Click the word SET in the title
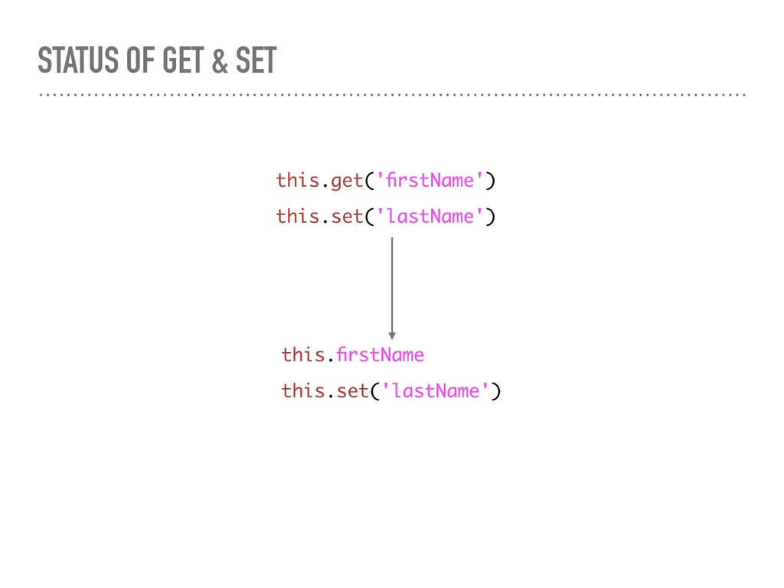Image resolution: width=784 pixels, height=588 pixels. point(255,61)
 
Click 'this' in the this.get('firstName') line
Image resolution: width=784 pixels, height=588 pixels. point(297,181)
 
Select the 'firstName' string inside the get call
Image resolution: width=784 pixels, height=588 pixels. point(430,181)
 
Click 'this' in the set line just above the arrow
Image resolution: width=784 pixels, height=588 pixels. point(297,217)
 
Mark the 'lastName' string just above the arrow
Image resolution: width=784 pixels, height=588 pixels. point(430,217)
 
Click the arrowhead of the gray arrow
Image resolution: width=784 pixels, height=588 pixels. point(392,335)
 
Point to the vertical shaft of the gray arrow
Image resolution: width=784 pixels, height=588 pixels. point(392,283)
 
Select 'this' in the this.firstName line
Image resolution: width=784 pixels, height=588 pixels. point(302,355)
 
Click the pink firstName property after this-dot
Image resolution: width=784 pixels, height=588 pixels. point(381,355)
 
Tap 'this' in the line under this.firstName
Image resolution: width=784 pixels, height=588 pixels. point(302,391)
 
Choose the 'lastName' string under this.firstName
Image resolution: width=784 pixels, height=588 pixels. point(436,391)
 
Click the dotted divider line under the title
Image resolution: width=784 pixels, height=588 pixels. point(392,96)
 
